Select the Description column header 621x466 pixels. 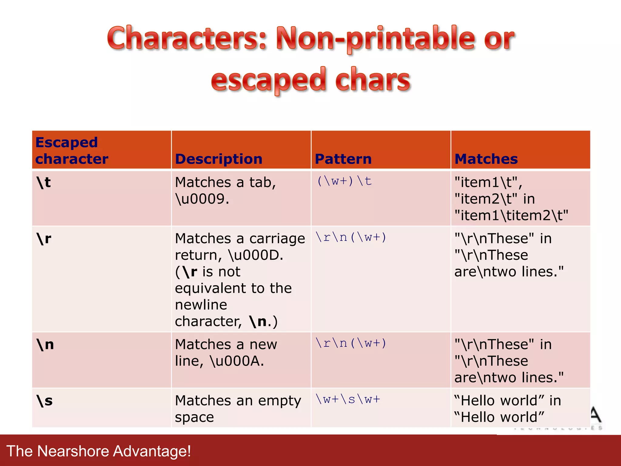[x=219, y=159]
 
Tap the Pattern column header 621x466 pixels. [x=343, y=159]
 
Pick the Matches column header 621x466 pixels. [x=486, y=159]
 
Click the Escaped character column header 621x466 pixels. [x=72, y=150]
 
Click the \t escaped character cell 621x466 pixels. [x=44, y=183]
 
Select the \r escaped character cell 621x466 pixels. [x=44, y=239]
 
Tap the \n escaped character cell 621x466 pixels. [x=45, y=345]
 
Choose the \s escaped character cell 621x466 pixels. [x=45, y=401]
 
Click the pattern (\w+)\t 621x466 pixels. [x=344, y=181]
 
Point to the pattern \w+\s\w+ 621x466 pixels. [x=348, y=399]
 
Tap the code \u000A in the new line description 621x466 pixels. [x=237, y=361]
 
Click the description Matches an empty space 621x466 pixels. [x=238, y=409]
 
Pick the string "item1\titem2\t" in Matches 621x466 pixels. [x=511, y=215]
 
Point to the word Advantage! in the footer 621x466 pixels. [x=152, y=451]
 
